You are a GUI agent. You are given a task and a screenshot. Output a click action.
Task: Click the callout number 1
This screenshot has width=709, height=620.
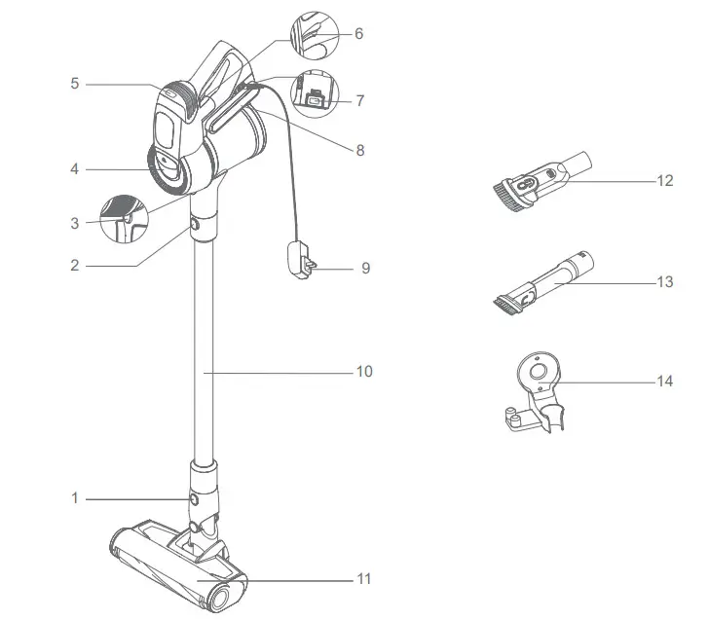coord(74,498)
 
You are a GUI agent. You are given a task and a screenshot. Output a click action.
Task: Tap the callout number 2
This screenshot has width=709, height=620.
coord(74,265)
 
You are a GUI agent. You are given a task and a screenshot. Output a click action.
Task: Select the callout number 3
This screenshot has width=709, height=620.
coord(74,223)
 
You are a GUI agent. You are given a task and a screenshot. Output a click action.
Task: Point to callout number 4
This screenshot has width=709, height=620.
coord(74,168)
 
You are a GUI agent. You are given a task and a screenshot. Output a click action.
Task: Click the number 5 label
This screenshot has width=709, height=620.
coord(74,85)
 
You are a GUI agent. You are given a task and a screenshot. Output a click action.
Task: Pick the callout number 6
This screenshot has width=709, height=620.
coord(358,34)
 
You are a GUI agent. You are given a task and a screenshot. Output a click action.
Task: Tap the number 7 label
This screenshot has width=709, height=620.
coord(359,100)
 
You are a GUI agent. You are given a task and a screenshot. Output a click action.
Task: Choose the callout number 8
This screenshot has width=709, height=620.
coord(359,151)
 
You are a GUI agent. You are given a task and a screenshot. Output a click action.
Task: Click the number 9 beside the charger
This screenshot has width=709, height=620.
coord(365,268)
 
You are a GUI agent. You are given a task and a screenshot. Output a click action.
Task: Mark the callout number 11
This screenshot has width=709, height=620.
coord(364,580)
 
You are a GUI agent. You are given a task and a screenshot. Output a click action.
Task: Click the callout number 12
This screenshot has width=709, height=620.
coord(665,181)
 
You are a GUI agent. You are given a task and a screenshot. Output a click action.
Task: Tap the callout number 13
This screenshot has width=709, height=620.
coord(665,282)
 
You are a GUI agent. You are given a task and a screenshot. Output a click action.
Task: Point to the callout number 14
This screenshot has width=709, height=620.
coord(665,383)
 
